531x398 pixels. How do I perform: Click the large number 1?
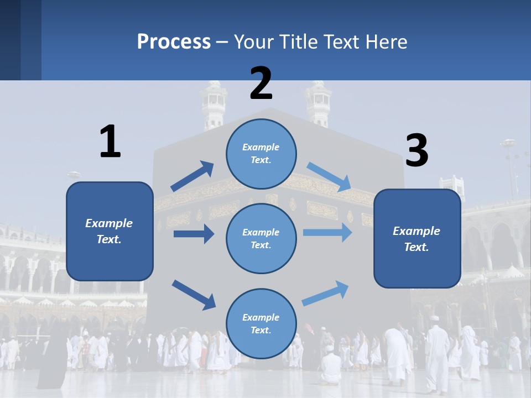pyautogui.click(x=110, y=142)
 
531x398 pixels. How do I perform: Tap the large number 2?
pyautogui.click(x=261, y=83)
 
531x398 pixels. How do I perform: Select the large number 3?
pyautogui.click(x=417, y=151)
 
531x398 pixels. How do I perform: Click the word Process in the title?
pyautogui.click(x=174, y=41)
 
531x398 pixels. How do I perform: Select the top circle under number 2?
pyautogui.click(x=261, y=154)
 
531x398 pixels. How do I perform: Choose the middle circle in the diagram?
pyautogui.click(x=261, y=238)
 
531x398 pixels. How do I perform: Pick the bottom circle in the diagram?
pyautogui.click(x=261, y=323)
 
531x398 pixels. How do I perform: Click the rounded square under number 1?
pyautogui.click(x=110, y=231)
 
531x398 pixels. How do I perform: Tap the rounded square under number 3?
pyautogui.click(x=417, y=238)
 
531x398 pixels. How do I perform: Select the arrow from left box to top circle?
pyautogui.click(x=192, y=176)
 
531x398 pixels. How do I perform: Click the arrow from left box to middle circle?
pyautogui.click(x=194, y=234)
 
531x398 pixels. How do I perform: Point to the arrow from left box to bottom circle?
pyautogui.click(x=194, y=295)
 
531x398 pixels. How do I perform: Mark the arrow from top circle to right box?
pyautogui.click(x=329, y=176)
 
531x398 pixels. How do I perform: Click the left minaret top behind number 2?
pyautogui.click(x=215, y=102)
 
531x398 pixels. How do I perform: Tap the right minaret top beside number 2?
pyautogui.click(x=318, y=102)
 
